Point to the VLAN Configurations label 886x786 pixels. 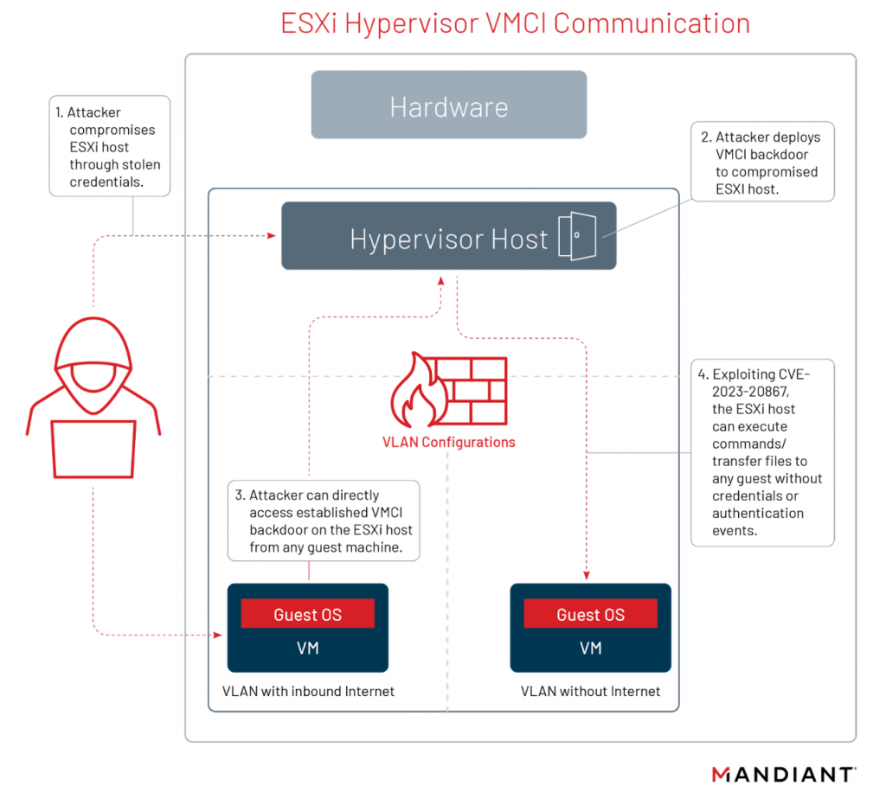pos(448,442)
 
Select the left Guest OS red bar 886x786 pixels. pos(307,615)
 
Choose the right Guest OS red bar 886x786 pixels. pos(590,615)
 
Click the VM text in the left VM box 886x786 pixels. pos(307,649)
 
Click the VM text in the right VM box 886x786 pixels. pos(590,649)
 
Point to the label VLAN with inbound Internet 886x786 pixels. pos(308,691)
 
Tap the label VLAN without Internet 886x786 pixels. pos(590,691)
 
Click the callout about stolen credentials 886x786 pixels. pos(109,146)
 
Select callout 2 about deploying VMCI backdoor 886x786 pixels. pos(762,163)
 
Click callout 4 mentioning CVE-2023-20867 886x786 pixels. pos(762,452)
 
